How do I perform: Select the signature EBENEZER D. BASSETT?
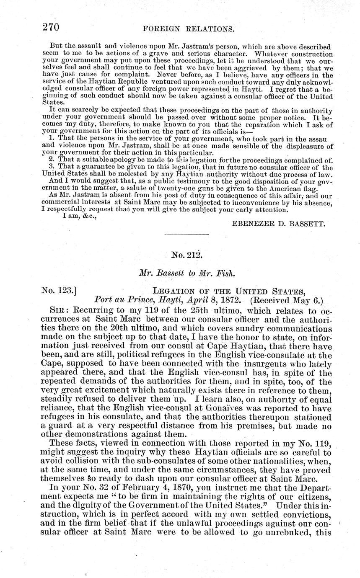coord(278,224)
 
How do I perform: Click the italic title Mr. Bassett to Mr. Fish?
coord(186,272)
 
